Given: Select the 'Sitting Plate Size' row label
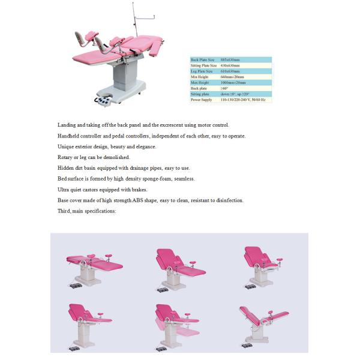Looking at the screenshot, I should (x=203, y=65).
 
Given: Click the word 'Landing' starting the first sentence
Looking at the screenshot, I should (x=67, y=125).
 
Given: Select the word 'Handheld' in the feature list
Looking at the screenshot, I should (x=68, y=136).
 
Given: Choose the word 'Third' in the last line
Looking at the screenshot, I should (x=64, y=211).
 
